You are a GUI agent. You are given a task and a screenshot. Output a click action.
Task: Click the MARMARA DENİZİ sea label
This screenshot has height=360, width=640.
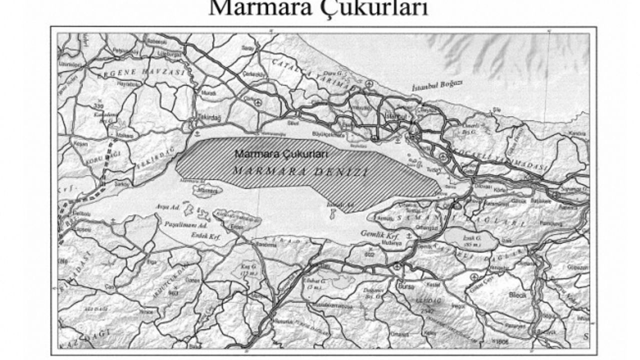coord(300,171)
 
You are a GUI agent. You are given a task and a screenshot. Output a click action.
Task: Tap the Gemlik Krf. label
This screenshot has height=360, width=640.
coord(388,234)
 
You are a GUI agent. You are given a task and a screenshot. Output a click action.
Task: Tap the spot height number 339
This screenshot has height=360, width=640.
coord(98,105)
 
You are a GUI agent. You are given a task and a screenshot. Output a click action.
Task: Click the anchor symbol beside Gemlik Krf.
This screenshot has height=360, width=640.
coord(409,234)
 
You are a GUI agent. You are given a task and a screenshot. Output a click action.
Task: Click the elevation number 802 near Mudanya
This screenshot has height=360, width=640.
coord(369,254)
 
